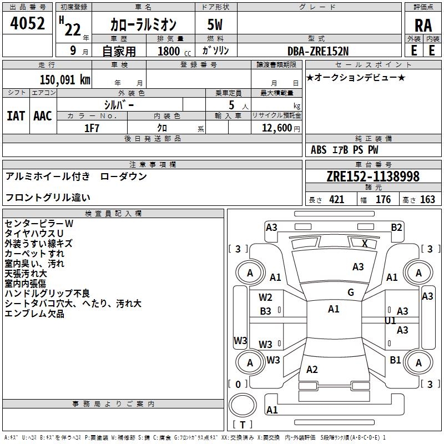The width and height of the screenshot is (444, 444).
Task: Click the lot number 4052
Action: pyautogui.click(x=28, y=24)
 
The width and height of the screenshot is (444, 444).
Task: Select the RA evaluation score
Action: pyautogui.click(x=423, y=26)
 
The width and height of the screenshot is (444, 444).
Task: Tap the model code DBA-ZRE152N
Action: pyautogui.click(x=318, y=51)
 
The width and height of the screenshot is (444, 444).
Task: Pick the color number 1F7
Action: pyautogui.click(x=92, y=127)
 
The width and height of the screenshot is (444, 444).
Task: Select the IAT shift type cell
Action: pyautogui.click(x=16, y=115)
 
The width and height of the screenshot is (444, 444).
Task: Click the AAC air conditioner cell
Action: pyautogui.click(x=43, y=115)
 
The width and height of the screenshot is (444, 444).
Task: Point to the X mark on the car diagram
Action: pyautogui.click(x=365, y=243)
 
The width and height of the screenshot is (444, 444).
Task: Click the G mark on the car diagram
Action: pyautogui.click(x=351, y=292)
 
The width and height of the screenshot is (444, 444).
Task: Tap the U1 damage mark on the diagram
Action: pyautogui.click(x=391, y=321)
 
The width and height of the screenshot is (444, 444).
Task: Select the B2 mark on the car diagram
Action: pyautogui.click(x=396, y=227)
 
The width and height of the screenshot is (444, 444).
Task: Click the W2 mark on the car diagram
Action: pyautogui.click(x=266, y=297)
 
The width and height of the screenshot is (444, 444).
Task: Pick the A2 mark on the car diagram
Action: pyautogui.click(x=312, y=370)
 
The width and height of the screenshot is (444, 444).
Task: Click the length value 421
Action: pyautogui.click(x=336, y=200)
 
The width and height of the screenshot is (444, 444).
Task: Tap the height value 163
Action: pyautogui.click(x=428, y=200)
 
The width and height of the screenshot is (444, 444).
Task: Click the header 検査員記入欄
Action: pyautogui.click(x=113, y=213)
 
